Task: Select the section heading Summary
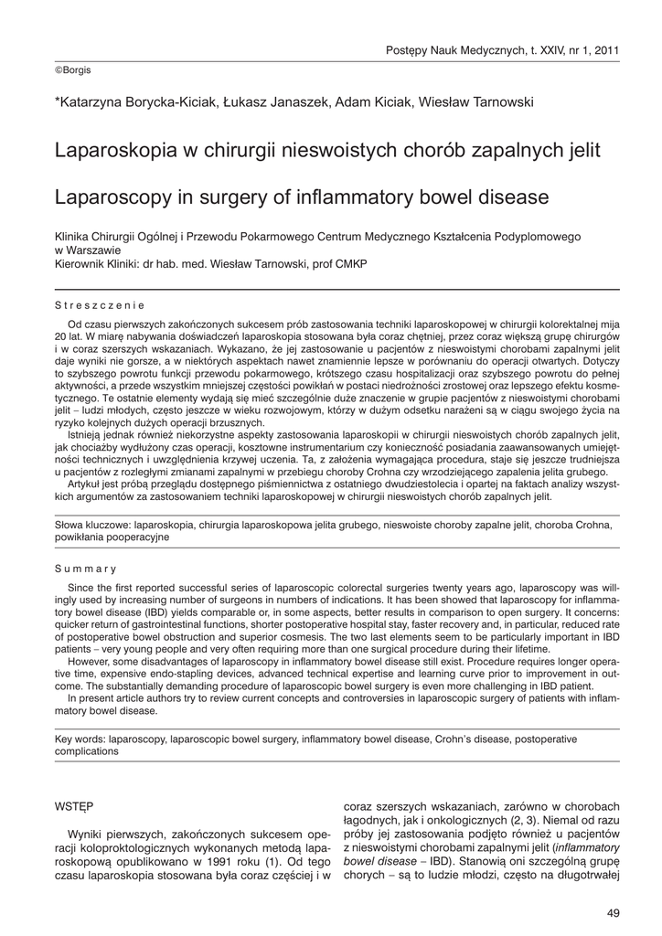(86, 569)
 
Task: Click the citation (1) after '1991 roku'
(271, 861)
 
